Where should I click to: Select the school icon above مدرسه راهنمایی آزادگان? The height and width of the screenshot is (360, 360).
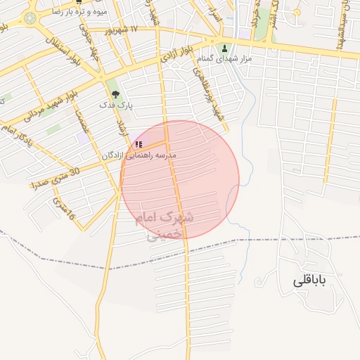(x=139, y=144)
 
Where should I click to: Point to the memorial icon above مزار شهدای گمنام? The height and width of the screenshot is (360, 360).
(x=225, y=49)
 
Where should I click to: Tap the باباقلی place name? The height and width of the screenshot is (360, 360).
(x=310, y=282)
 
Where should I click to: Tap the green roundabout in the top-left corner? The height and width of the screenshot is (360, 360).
(x=29, y=18)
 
